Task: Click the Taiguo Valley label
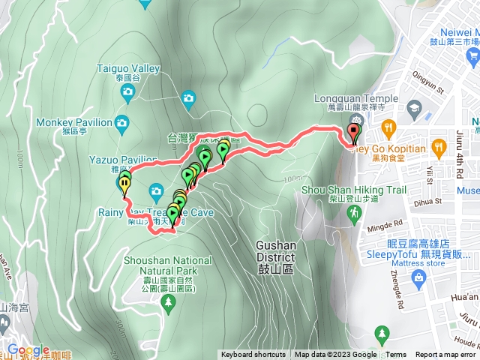click(129, 69)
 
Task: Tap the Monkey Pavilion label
click(81, 121)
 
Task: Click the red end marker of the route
click(353, 133)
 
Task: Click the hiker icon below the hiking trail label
click(351, 214)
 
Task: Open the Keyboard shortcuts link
click(253, 355)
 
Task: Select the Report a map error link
click(445, 355)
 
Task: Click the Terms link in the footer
click(396, 355)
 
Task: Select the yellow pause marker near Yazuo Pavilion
click(124, 181)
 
